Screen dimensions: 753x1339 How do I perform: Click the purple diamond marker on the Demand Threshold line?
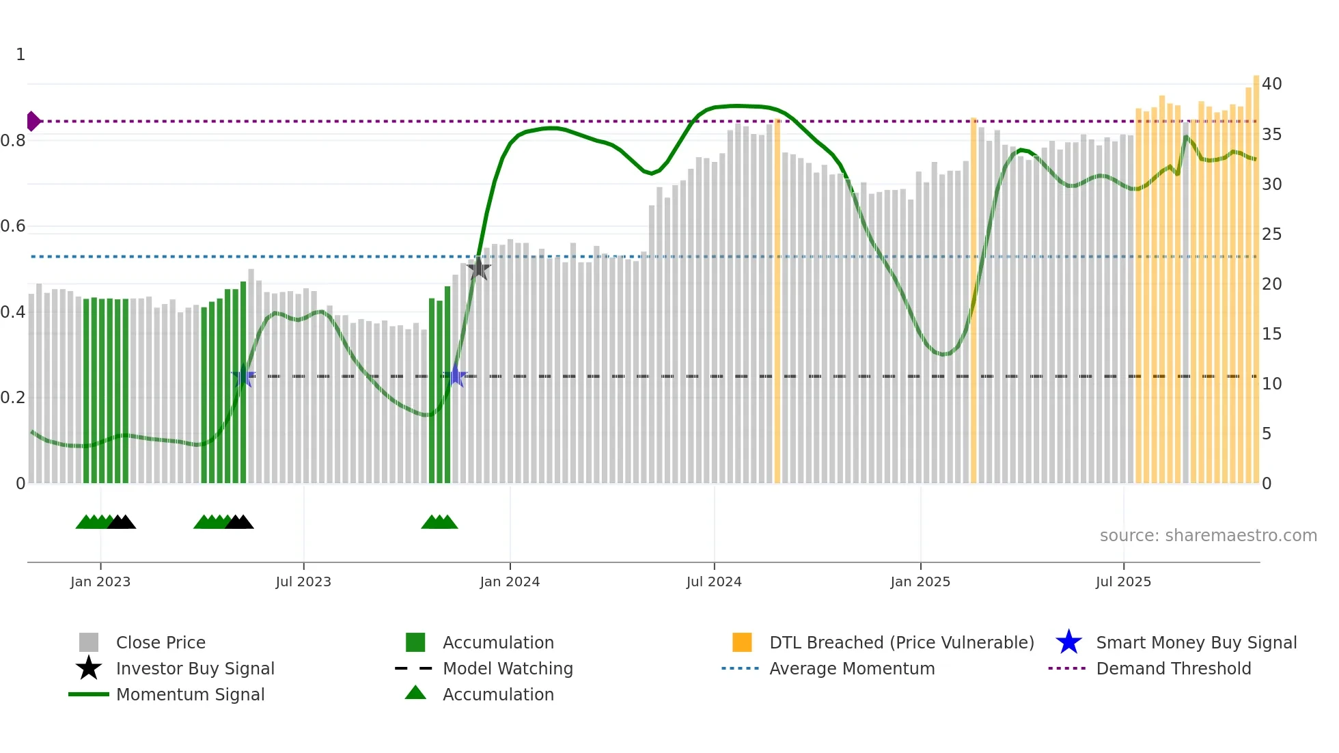[x=33, y=121]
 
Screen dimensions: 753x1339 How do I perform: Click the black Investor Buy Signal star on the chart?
[x=479, y=268]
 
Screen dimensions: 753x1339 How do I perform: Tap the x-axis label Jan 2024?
[x=510, y=581]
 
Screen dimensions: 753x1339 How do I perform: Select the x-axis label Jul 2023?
[x=303, y=581]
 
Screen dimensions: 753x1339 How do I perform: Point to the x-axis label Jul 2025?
[x=1123, y=581]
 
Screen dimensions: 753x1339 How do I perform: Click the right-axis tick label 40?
[x=1271, y=84]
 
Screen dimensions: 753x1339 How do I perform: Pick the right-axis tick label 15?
[x=1271, y=333]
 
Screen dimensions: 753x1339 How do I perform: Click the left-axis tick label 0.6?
[x=13, y=226]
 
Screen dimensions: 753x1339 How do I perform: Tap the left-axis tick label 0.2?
[x=13, y=398]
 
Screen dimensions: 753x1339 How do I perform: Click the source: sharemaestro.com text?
[x=1208, y=535]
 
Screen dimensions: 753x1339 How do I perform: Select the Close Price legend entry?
[x=161, y=642]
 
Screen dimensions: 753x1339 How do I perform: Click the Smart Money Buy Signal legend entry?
[x=1196, y=642]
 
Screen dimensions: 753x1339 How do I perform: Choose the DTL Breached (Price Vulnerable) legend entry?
[x=901, y=642]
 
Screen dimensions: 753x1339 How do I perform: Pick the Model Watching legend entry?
[x=507, y=668]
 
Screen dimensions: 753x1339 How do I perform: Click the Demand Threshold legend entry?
[x=1173, y=668]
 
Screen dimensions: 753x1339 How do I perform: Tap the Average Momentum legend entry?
[x=851, y=668]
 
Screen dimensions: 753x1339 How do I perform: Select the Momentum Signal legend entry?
[x=190, y=694]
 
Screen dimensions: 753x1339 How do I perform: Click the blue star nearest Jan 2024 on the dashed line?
[x=456, y=376]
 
